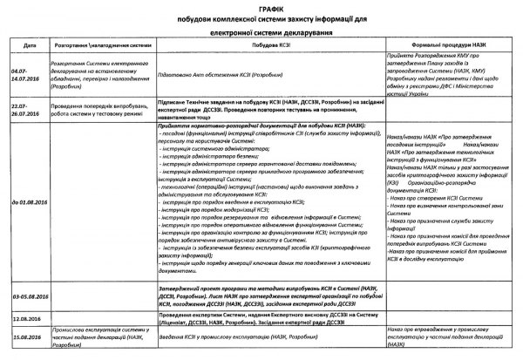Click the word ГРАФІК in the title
[261, 6]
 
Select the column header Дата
[30, 43]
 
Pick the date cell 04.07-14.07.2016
[26, 78]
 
